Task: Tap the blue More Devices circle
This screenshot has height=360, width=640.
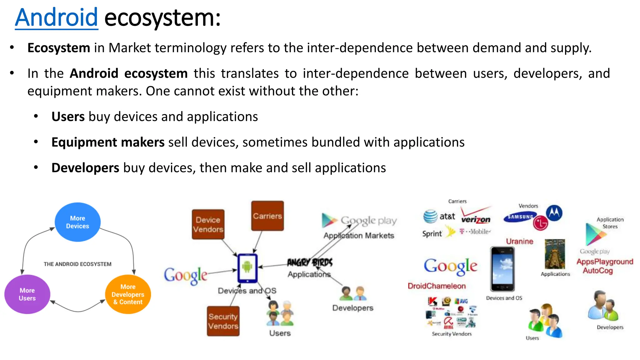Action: point(77,222)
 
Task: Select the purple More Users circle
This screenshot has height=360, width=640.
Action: point(27,294)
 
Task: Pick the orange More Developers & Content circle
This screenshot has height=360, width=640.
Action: point(128,294)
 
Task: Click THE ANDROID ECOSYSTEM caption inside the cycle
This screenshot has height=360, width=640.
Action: point(77,264)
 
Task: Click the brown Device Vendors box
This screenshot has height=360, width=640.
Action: point(208,224)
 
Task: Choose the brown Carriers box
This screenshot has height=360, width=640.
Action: point(267,216)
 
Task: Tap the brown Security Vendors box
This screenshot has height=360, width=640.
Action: point(223,321)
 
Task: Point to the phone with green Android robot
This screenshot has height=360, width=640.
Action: point(247,268)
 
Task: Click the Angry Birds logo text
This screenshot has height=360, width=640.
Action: point(310,262)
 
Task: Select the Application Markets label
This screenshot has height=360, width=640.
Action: point(359,236)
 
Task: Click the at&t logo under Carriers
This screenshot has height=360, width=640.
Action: point(439,216)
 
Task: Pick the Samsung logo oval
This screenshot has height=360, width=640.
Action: point(520,217)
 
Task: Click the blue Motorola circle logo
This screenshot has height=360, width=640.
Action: point(554,213)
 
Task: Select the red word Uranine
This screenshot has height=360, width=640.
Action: point(519,241)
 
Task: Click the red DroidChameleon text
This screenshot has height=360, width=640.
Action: point(437,286)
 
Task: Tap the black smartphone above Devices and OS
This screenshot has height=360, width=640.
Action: point(502,269)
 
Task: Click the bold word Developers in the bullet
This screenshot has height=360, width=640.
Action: point(85,168)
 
